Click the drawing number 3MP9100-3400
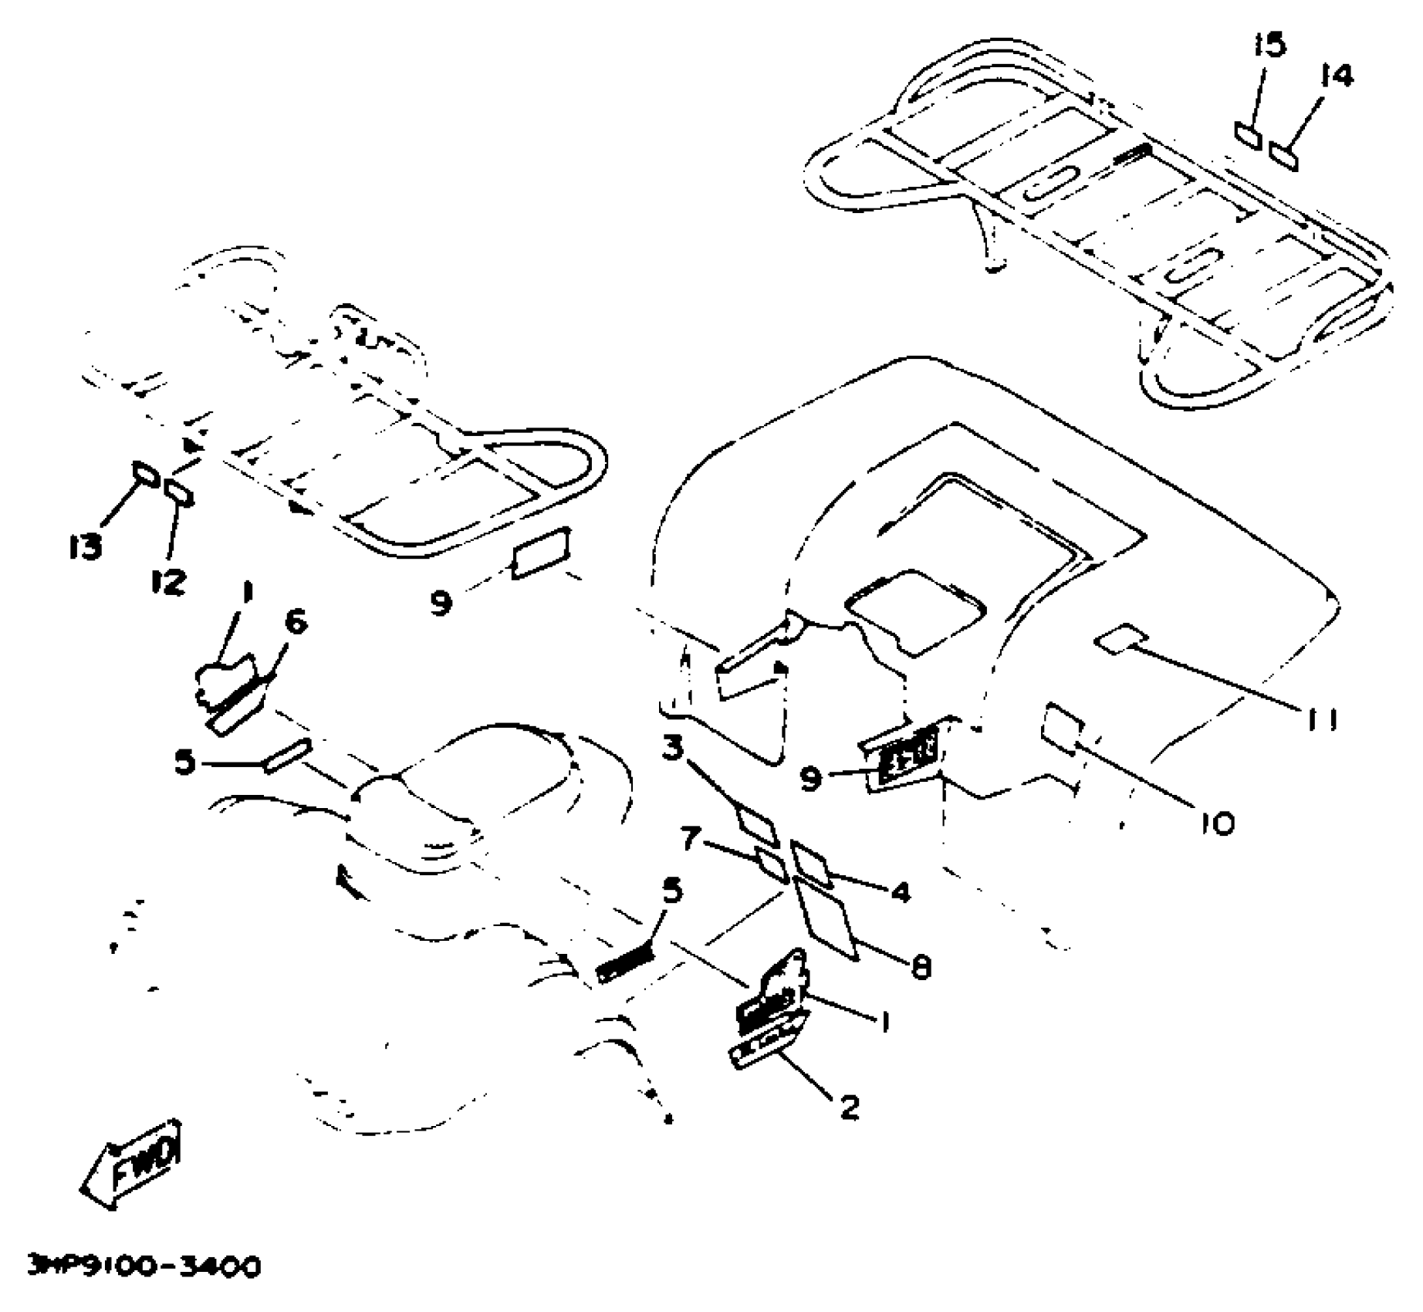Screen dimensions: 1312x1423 pyautogui.click(x=144, y=1266)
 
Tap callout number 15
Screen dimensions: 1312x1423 pyautogui.click(x=1269, y=46)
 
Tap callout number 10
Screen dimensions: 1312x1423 pyautogui.click(x=1218, y=823)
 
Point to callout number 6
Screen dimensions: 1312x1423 pyautogui.click(x=296, y=621)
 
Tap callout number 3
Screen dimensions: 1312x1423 pyautogui.click(x=673, y=747)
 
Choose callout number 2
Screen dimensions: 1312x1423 pyautogui.click(x=848, y=1107)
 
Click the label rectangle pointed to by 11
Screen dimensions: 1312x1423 pyautogui.click(x=1120, y=639)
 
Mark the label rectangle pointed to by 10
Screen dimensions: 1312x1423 pyautogui.click(x=1063, y=727)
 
